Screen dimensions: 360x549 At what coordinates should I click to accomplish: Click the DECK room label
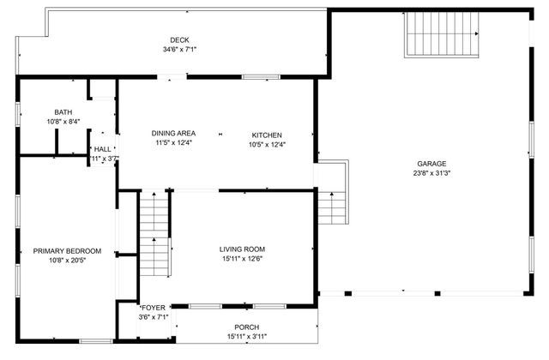click(178, 39)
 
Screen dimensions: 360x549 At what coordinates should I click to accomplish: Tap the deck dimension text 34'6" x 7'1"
click(178, 50)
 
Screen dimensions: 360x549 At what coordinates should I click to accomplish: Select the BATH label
click(63, 112)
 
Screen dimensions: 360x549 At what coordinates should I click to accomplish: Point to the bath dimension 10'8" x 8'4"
click(63, 123)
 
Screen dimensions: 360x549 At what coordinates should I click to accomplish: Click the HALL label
click(103, 149)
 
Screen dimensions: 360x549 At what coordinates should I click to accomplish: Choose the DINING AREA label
click(174, 134)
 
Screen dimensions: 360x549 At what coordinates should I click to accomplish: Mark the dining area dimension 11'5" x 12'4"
click(174, 144)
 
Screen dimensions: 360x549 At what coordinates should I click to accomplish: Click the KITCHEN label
click(267, 135)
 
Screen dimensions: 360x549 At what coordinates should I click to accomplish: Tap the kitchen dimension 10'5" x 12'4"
click(267, 144)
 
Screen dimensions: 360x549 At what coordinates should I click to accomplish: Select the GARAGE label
click(432, 164)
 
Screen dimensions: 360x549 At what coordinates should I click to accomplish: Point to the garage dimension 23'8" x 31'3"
click(432, 173)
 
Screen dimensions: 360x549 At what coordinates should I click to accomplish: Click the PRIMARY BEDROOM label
click(67, 251)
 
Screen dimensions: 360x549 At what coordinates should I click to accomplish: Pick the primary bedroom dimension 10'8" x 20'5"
click(67, 261)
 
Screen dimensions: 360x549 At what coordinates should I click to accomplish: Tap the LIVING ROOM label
click(240, 249)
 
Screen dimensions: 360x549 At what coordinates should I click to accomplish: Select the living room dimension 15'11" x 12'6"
click(240, 260)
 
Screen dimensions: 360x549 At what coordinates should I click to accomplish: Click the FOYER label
click(154, 308)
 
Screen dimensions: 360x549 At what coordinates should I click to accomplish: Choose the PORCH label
click(247, 327)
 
